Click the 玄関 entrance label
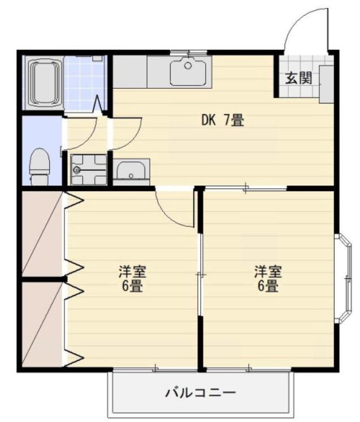298,78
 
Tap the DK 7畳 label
223,120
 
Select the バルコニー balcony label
200,392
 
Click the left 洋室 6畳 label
132,278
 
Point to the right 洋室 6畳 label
267,278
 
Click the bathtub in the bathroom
44,83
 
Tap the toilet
39,166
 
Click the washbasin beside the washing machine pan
131,170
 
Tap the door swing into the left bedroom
175,209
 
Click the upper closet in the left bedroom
42,234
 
